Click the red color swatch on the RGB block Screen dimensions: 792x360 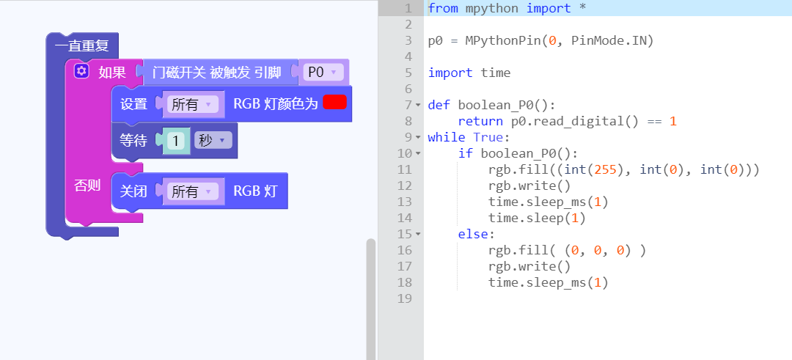point(334,102)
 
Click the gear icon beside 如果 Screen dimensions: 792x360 point(81,71)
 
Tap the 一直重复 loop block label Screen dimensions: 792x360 point(82,46)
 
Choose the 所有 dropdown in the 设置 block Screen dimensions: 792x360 point(192,105)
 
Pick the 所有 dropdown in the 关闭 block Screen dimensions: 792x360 point(192,191)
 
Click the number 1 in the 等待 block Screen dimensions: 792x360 point(176,140)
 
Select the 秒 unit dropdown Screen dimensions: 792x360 point(213,140)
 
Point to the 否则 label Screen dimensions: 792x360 point(87,185)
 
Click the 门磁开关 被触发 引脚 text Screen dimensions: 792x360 point(216,73)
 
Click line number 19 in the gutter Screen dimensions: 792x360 point(405,298)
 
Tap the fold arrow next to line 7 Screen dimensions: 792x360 point(418,105)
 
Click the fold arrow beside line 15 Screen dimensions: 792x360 point(418,235)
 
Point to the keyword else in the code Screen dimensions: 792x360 point(473,235)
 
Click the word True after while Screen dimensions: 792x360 point(488,137)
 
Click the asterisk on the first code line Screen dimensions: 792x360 point(583,9)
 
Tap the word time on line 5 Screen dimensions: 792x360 point(496,73)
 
